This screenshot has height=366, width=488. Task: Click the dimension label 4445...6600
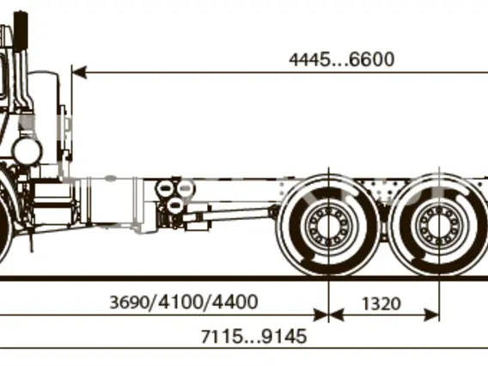pyautogui.click(x=341, y=59)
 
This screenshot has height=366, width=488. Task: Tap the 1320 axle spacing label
pyautogui.click(x=381, y=304)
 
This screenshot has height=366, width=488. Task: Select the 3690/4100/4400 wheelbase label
pyautogui.click(x=184, y=302)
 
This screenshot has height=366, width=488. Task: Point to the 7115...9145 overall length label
pyautogui.click(x=254, y=336)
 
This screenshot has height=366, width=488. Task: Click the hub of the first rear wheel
pyautogui.click(x=329, y=225)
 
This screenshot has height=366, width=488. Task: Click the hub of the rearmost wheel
pyautogui.click(x=439, y=225)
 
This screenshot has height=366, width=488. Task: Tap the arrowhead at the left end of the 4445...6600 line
pyautogui.click(x=79, y=72)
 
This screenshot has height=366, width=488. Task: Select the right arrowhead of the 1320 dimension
pyautogui.click(x=432, y=315)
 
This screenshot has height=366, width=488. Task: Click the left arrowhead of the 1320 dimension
pyautogui.click(x=336, y=315)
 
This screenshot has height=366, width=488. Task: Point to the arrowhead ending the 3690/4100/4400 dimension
pyautogui.click(x=321, y=315)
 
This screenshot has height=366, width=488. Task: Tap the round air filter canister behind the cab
pyautogui.click(x=27, y=151)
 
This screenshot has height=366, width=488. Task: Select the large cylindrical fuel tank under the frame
pyautogui.click(x=111, y=201)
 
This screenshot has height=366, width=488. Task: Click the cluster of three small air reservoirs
pyautogui.click(x=175, y=194)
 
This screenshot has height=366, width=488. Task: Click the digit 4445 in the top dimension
pyautogui.click(x=308, y=59)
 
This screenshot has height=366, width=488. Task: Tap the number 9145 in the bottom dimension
pyautogui.click(x=284, y=336)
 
